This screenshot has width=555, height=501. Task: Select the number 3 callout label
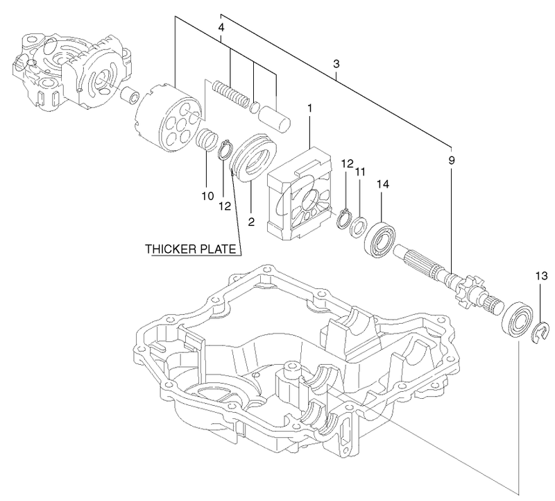[336, 65]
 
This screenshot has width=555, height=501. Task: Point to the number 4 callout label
[221, 28]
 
